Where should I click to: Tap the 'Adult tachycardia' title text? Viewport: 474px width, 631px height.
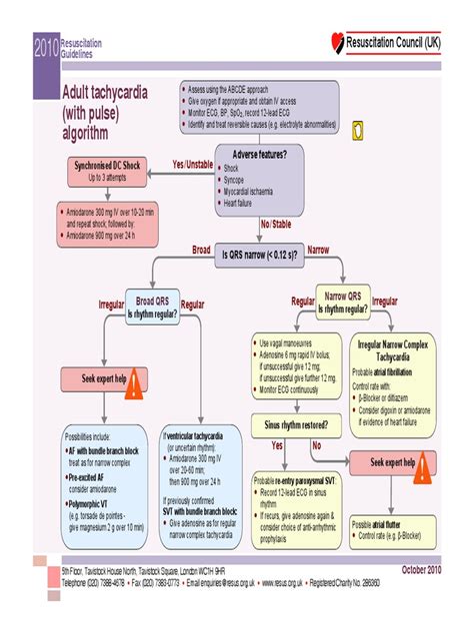(105, 92)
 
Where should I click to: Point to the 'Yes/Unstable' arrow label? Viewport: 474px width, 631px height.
(193, 163)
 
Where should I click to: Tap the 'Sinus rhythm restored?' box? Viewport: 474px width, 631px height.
(297, 423)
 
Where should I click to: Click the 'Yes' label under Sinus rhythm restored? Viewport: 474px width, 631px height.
(277, 444)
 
